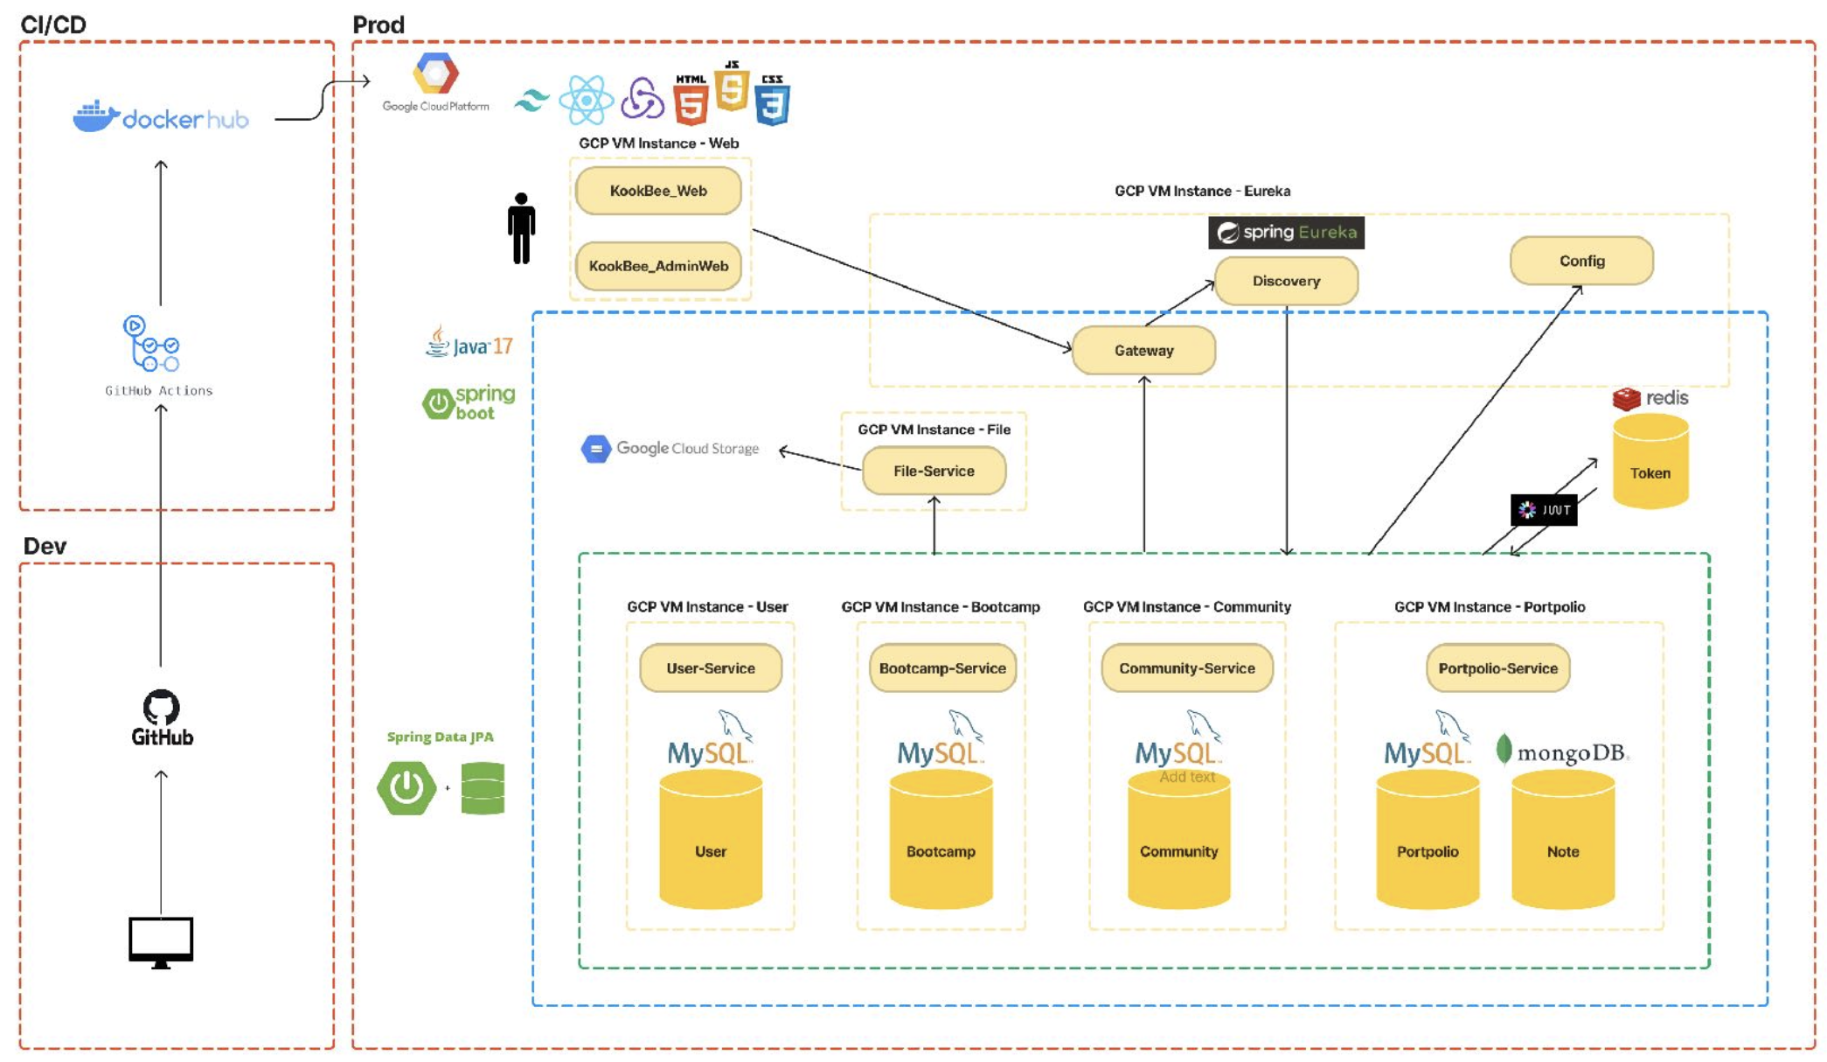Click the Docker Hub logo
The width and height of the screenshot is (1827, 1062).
click(x=161, y=117)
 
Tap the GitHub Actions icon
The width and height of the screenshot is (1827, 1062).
click(x=150, y=345)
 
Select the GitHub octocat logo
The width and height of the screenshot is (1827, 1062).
click(x=161, y=707)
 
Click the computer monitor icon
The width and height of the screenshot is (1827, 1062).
click(x=161, y=941)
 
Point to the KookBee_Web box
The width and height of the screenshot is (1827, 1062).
click(x=658, y=191)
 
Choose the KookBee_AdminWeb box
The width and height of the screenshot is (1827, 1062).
click(x=658, y=266)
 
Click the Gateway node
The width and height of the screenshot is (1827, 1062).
click(x=1143, y=351)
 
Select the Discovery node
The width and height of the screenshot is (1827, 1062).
click(x=1286, y=281)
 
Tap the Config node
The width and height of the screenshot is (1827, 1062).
click(x=1581, y=261)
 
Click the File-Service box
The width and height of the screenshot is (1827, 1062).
click(x=934, y=471)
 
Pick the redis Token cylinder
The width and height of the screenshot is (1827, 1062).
click(x=1650, y=464)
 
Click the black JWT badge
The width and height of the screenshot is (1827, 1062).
click(x=1544, y=510)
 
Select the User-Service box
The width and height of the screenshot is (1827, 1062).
click(x=710, y=668)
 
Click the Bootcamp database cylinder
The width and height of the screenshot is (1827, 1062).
click(x=941, y=842)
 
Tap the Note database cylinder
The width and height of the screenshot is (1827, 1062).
click(x=1562, y=842)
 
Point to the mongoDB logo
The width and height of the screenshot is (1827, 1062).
click(x=1563, y=752)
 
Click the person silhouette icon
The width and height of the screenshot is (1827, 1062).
click(x=521, y=228)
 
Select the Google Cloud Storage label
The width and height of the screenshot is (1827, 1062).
click(x=671, y=449)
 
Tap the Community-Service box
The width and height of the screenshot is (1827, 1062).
click(x=1186, y=668)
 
